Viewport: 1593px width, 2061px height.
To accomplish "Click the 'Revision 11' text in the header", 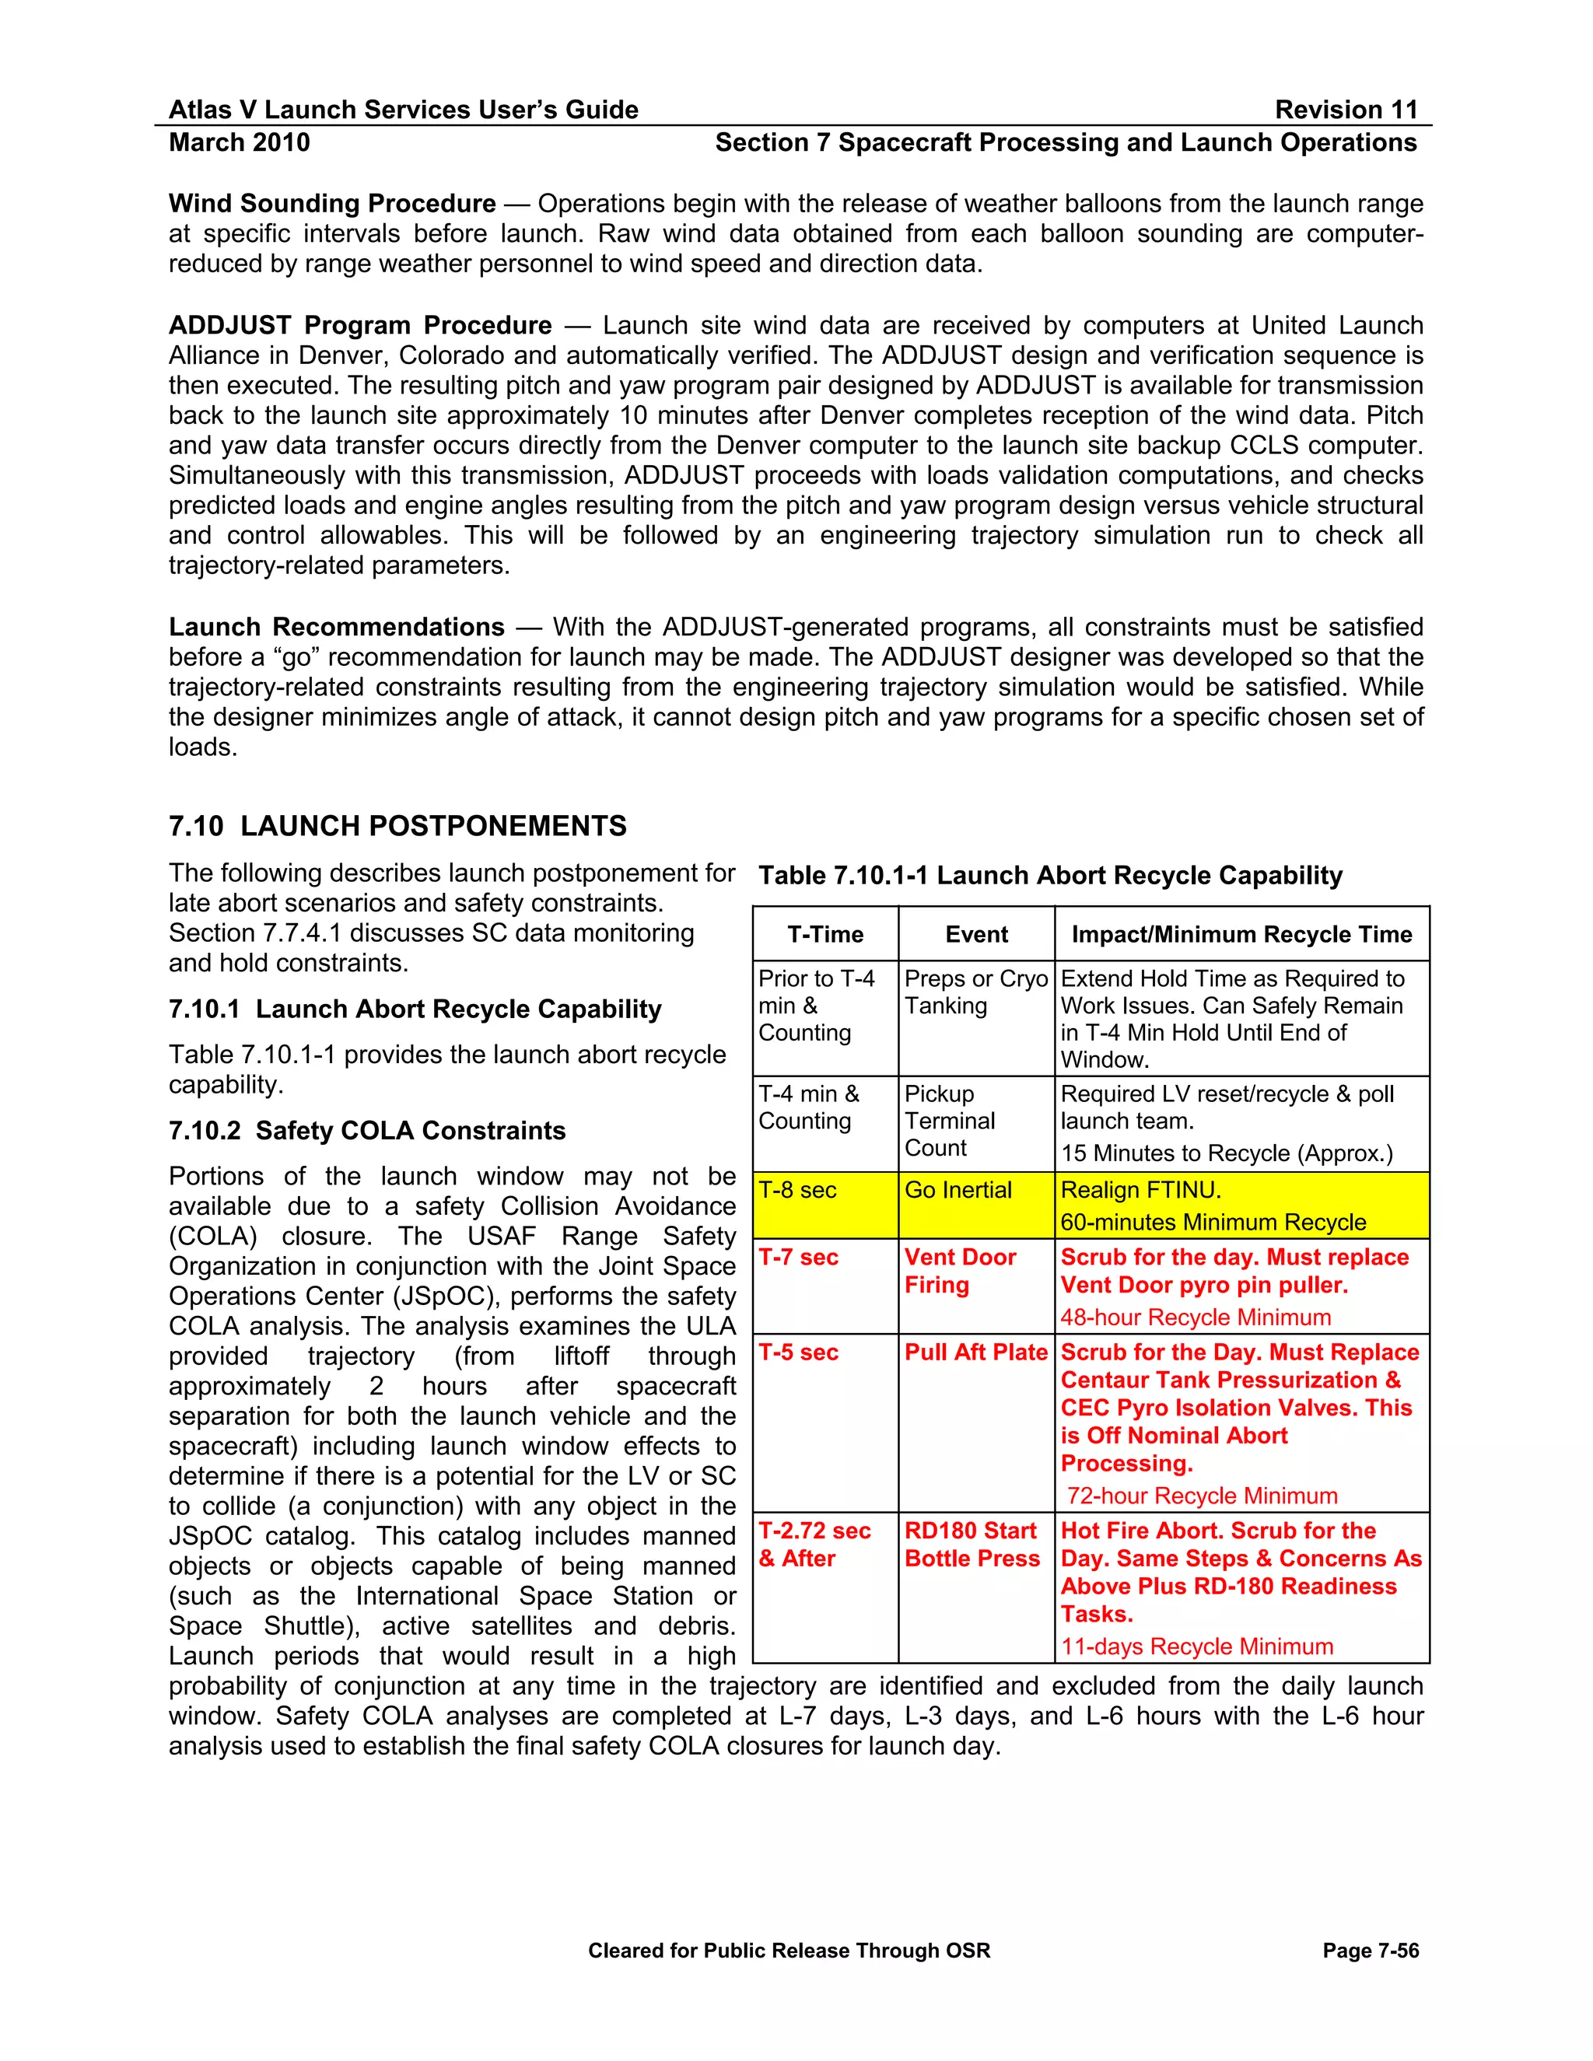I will tap(1346, 110).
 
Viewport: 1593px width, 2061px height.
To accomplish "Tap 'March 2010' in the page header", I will tap(239, 142).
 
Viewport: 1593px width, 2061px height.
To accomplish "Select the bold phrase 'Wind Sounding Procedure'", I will tap(332, 204).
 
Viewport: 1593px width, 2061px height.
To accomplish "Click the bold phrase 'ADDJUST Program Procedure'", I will tap(359, 326).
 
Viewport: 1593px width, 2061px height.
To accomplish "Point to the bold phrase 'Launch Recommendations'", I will tap(336, 628).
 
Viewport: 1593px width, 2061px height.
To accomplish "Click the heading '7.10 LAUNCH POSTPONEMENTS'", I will tap(397, 826).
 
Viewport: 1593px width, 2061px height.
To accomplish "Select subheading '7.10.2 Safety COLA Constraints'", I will tap(367, 1131).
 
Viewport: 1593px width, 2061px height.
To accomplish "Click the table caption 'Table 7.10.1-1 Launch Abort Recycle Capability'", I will tap(1049, 876).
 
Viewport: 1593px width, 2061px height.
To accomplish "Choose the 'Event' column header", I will tap(976, 934).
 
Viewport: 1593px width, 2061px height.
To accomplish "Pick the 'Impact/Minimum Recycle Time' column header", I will tap(1241, 934).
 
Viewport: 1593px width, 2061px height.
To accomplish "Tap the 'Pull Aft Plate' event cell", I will tap(975, 1352).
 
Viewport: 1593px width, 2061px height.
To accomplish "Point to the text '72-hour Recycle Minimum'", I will tap(1201, 1496).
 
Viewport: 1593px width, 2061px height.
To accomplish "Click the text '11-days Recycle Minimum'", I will tap(1196, 1646).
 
